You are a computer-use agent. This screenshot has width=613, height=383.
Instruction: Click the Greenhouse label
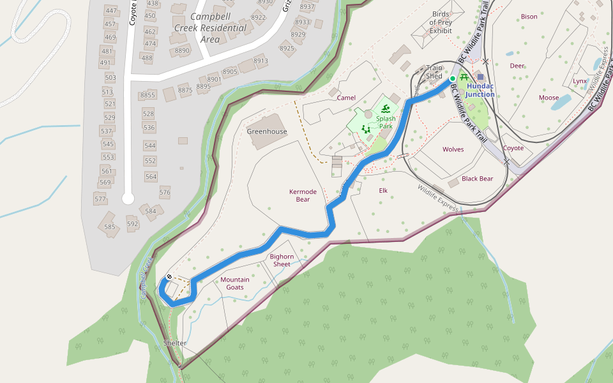(267, 131)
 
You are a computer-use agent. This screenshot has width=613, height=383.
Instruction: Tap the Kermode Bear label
(299, 195)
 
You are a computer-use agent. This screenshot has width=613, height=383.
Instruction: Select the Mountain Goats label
(235, 283)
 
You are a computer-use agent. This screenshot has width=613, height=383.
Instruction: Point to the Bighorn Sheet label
(282, 260)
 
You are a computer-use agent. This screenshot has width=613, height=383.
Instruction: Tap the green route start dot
(453, 79)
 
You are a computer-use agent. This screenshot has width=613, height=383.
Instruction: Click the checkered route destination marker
(169, 276)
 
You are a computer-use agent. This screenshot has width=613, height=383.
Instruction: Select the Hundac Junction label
(480, 90)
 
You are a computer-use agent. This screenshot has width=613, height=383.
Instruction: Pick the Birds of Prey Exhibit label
(441, 22)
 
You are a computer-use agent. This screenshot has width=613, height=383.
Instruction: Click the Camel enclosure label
(346, 98)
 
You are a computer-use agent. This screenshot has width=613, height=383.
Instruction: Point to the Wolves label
(453, 149)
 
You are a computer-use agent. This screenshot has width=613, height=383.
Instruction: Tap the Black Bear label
(478, 179)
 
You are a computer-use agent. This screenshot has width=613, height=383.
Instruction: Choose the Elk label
(383, 190)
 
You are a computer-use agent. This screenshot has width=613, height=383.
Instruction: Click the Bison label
(529, 17)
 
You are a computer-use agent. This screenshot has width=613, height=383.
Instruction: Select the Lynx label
(580, 81)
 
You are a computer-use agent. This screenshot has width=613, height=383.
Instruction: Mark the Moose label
(549, 98)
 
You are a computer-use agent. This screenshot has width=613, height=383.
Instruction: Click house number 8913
(261, 61)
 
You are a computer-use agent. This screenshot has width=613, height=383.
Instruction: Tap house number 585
(110, 227)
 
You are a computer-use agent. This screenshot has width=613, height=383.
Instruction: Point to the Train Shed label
(434, 71)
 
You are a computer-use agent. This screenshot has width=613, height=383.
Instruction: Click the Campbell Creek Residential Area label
(210, 28)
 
